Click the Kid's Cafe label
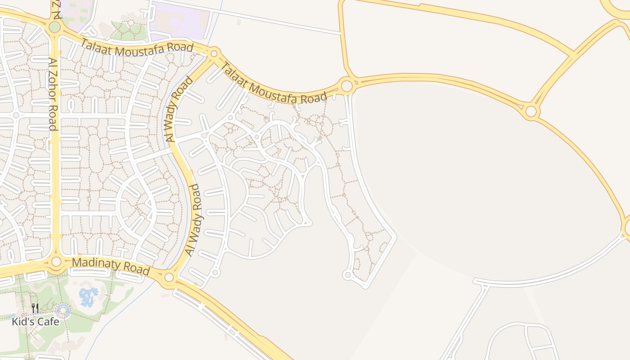click(x=36, y=322)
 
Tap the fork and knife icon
click(x=35, y=308)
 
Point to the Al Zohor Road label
click(x=52, y=94)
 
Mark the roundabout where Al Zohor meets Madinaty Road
click(x=56, y=261)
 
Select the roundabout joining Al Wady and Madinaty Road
click(x=169, y=277)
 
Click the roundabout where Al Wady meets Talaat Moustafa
click(x=214, y=54)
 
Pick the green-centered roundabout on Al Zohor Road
click(x=54, y=27)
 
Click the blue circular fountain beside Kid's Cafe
click(x=63, y=310)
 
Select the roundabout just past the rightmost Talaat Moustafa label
click(x=346, y=85)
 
